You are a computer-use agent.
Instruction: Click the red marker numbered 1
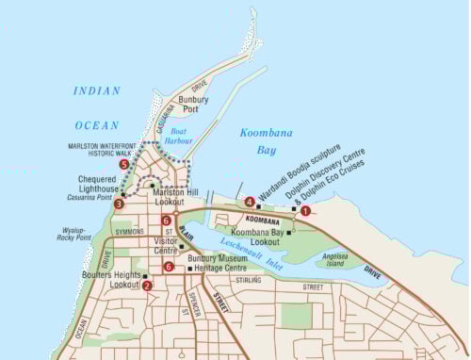[x=305, y=212]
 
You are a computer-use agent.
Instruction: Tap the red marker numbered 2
[x=146, y=285]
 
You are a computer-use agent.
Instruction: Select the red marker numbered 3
[x=118, y=203]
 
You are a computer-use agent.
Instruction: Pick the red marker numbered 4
[x=249, y=202]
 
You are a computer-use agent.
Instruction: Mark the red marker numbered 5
[x=123, y=165]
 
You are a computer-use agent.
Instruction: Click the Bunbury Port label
[x=194, y=104]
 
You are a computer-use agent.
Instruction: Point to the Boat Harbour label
[x=177, y=136]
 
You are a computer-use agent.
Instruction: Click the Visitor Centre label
[x=166, y=246]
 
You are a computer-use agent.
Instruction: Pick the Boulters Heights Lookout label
[x=111, y=279]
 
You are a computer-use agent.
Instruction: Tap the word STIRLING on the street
[x=248, y=280]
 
